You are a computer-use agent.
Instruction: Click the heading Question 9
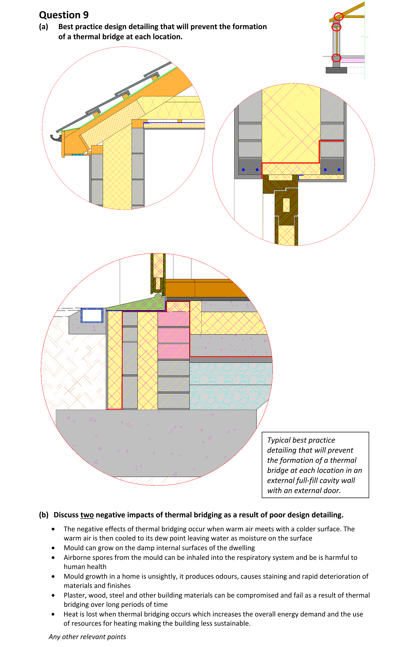(64, 15)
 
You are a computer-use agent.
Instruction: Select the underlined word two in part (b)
(87, 515)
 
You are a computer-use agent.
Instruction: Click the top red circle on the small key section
(339, 17)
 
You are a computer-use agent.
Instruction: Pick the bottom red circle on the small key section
(336, 58)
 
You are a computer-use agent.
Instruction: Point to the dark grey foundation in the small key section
(336, 70)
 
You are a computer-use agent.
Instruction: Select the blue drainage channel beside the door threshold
(92, 315)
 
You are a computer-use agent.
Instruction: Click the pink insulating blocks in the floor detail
(174, 335)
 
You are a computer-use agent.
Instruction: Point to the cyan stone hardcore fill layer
(231, 386)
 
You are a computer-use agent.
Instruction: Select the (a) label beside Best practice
(43, 27)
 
